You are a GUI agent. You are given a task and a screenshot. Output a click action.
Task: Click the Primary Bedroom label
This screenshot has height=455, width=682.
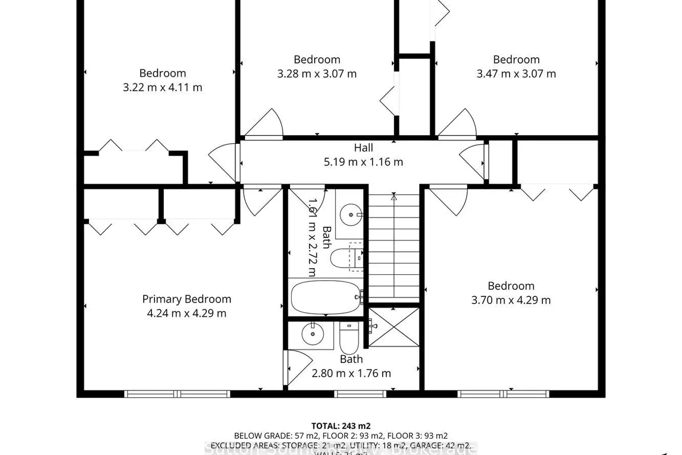186,299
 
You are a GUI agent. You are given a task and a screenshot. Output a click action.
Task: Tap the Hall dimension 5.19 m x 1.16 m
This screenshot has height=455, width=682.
363,162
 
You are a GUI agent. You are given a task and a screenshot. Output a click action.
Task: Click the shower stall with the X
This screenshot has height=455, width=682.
394,327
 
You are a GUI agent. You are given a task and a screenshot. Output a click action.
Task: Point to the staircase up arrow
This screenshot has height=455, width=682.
394,197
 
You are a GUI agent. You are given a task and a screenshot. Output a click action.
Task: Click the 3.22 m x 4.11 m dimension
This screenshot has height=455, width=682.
162,87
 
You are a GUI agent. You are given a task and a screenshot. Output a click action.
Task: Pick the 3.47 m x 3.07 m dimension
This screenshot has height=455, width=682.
516,74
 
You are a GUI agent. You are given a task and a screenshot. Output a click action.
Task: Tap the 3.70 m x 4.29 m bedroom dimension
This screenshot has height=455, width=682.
511,300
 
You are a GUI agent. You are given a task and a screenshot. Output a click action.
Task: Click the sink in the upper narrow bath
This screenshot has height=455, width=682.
351,214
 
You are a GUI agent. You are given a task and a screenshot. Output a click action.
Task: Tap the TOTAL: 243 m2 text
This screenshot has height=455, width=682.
341,426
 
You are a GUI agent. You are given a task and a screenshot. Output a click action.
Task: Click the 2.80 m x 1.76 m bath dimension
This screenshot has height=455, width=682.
351,374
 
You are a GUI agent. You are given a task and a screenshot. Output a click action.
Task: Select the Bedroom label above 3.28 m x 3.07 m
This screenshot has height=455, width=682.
317,60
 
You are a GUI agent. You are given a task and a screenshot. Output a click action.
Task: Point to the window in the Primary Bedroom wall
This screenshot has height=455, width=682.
177,394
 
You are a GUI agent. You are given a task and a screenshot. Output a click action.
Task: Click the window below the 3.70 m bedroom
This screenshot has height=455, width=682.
503,394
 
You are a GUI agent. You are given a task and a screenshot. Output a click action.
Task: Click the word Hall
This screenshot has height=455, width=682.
363,148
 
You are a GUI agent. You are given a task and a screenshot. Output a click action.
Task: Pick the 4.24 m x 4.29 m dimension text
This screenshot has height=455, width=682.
186,313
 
